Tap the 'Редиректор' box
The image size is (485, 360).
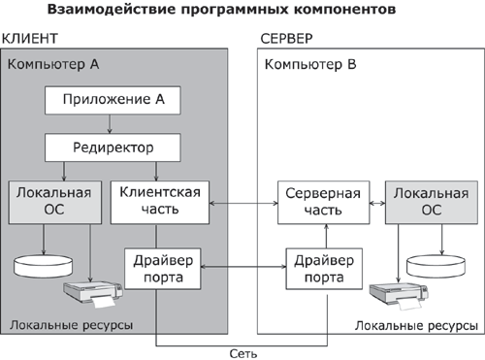[112, 147]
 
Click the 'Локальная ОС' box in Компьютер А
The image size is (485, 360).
[53, 202]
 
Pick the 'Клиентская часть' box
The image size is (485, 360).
[159, 202]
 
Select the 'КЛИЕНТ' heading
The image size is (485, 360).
[30, 39]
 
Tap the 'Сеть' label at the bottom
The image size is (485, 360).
[242, 352]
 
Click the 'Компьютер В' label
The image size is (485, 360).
[310, 65]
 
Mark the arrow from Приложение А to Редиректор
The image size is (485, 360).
[112, 123]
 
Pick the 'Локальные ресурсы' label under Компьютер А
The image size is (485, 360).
[67, 323]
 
